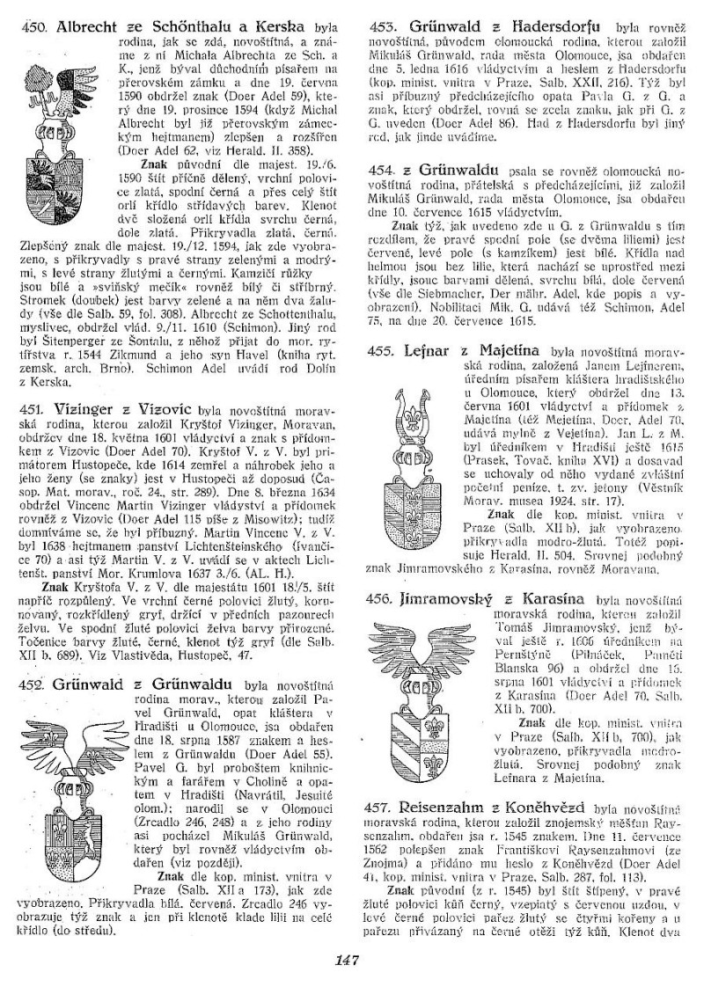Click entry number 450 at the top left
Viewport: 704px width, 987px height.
[x=36, y=27]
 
